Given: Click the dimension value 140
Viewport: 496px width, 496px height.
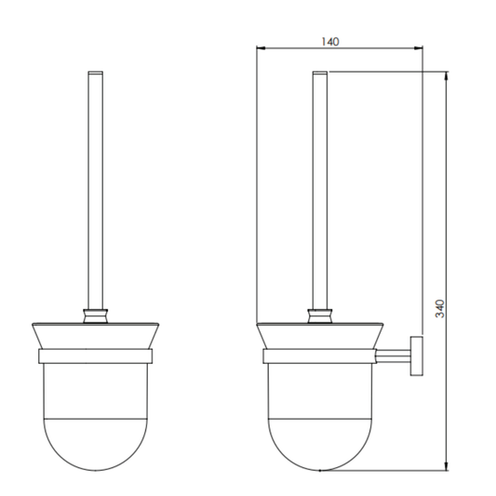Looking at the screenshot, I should tap(331, 41).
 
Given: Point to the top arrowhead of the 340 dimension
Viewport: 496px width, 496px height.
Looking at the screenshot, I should tap(448, 75).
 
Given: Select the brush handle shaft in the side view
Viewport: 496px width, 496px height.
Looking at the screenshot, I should tap(319, 186).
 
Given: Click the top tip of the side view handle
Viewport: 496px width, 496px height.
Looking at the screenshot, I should tap(319, 73).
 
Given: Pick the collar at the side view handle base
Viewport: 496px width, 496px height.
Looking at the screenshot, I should tap(319, 314).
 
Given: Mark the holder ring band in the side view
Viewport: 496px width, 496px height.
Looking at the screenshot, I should tap(319, 355).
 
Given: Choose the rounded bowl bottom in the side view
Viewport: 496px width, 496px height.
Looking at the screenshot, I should tap(319, 447).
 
